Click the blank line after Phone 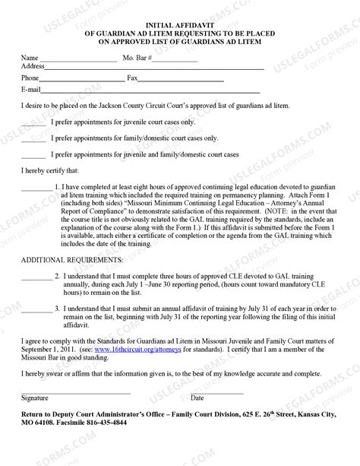[82, 80]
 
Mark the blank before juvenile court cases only [33, 124]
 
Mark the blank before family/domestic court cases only [33, 140]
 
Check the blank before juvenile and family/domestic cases [33, 156]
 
